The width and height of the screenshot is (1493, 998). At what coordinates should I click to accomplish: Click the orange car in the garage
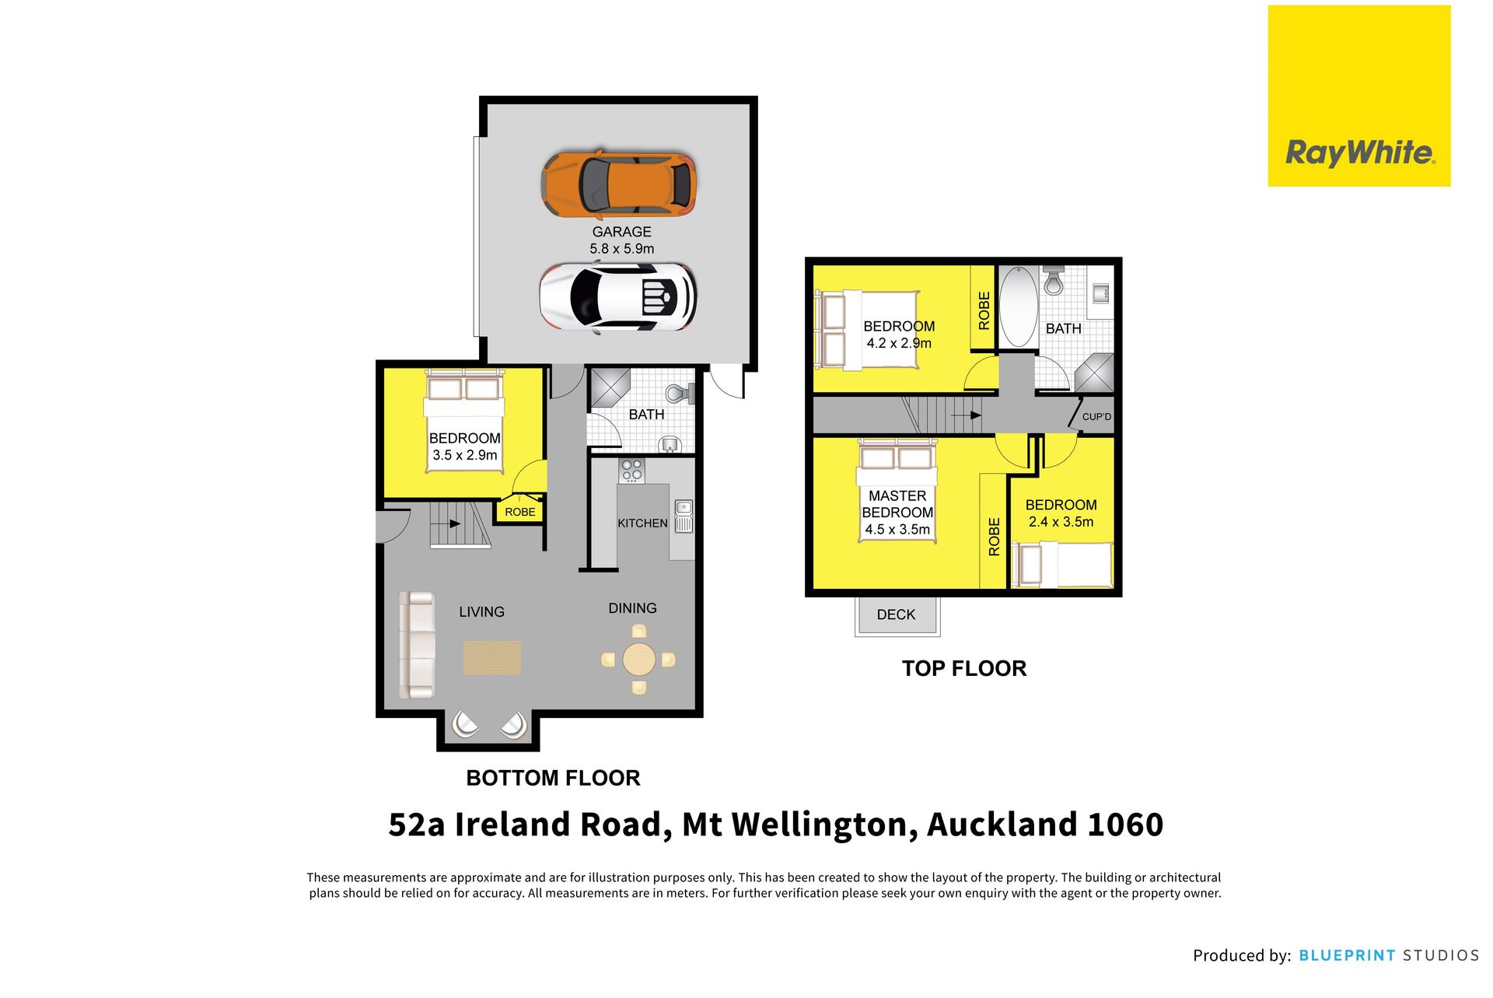coord(618,185)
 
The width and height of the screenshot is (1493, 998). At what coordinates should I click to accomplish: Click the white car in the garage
coord(618,297)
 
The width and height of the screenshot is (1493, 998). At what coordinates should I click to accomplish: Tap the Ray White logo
coord(1359,96)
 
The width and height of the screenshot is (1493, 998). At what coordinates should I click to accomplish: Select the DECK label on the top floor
coord(896,615)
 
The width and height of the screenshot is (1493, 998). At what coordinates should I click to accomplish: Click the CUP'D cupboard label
coord(1096,417)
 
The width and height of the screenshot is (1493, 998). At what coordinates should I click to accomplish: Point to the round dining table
coord(638,660)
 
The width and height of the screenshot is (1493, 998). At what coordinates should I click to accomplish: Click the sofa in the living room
coord(416,646)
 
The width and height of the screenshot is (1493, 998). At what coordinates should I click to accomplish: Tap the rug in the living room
coord(492,657)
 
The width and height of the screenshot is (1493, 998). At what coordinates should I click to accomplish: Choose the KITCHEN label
coord(642,524)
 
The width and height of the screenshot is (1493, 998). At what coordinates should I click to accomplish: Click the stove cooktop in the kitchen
coord(631,470)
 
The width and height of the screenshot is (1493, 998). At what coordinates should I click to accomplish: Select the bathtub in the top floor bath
coord(1017,306)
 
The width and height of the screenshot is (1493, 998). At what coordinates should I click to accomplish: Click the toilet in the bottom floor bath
coord(680,394)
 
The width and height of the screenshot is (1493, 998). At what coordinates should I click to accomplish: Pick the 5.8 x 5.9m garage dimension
coord(621,249)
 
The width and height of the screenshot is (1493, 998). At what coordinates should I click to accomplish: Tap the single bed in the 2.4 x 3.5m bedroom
coord(1061,564)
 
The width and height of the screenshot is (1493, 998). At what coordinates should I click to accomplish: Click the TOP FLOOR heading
coord(964,668)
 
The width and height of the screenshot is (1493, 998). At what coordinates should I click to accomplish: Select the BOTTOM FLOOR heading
coord(553,778)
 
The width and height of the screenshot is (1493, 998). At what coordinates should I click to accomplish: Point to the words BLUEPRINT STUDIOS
coord(1389,955)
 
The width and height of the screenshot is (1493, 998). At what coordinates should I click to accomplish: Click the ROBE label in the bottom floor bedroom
coord(520,512)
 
